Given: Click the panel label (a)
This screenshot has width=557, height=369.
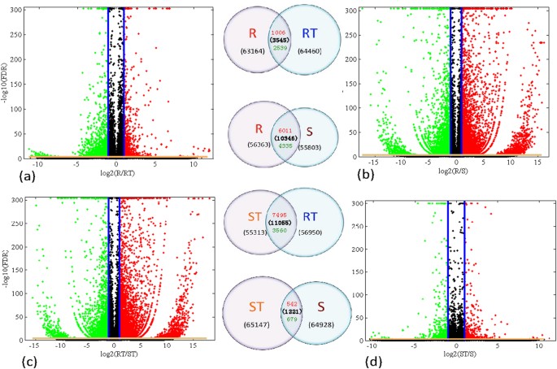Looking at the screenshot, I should tap(15, 172).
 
